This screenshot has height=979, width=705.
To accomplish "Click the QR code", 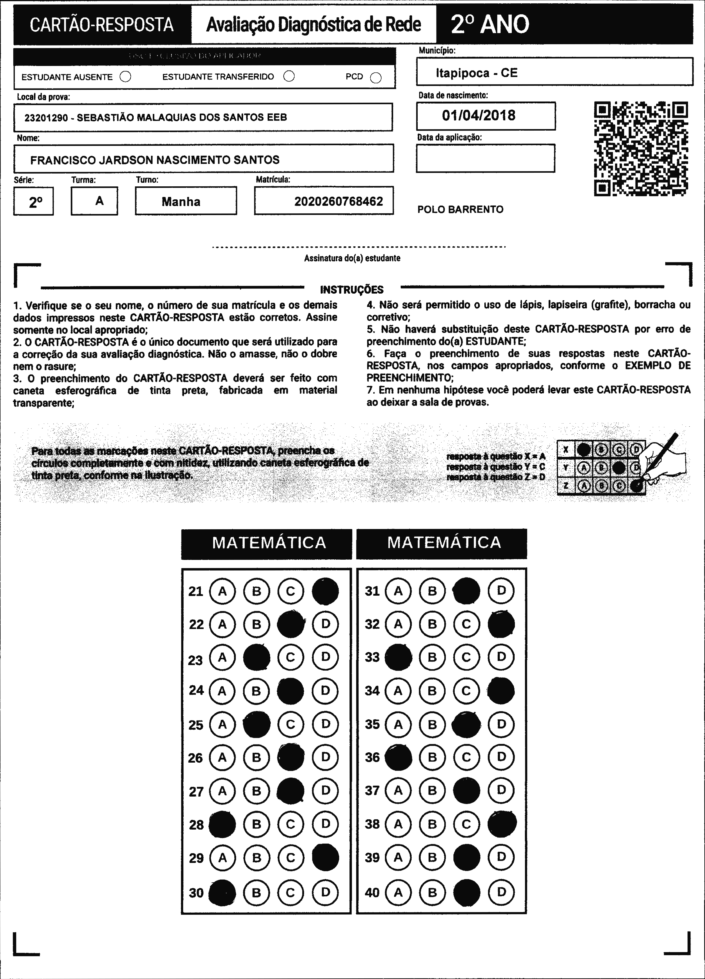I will [641, 148].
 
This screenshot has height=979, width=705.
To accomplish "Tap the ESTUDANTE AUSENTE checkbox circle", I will [125, 77].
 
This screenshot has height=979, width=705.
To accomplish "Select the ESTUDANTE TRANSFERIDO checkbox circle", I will [289, 76].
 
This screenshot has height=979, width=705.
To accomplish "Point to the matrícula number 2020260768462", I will [339, 201].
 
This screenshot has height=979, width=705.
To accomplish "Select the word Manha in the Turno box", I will [181, 201].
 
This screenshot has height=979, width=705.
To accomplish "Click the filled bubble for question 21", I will [325, 591].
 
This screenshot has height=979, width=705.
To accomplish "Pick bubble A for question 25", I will [222, 724].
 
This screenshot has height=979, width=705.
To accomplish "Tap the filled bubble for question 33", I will [398, 657].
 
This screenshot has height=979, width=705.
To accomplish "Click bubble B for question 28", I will [256, 824].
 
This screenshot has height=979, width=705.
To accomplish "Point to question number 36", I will [372, 757].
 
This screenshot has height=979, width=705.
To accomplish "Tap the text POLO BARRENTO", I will [460, 209].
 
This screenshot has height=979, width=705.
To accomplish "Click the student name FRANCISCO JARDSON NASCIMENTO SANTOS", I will [155, 160].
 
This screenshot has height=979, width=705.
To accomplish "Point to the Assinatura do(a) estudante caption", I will [352, 258].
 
